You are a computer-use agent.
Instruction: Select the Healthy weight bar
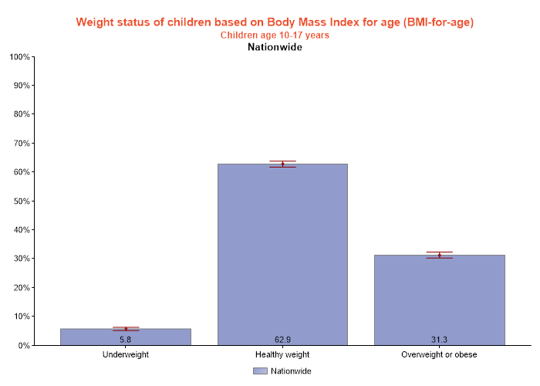tap(282, 255)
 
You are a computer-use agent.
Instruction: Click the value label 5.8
tap(126, 340)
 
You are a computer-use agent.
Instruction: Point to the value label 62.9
tap(282, 340)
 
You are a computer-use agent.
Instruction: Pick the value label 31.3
tap(439, 340)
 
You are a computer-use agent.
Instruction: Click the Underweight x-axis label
tap(126, 355)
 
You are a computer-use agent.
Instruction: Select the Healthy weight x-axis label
tap(282, 355)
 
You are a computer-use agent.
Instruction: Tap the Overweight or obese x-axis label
tap(439, 355)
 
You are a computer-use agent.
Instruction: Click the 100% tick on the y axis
tap(20, 57)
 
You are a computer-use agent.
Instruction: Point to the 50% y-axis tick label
tap(20, 201)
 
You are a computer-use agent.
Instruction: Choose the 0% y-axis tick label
tap(23, 346)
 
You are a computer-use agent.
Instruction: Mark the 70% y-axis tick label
tap(20, 144)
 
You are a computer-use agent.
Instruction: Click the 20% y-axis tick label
tap(20, 288)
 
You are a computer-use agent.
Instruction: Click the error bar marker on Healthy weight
tap(282, 164)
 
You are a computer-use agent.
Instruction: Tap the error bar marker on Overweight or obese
tap(439, 255)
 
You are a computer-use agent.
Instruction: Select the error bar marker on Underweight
tap(126, 329)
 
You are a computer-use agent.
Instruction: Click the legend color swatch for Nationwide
tap(260, 371)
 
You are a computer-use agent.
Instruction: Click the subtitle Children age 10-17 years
tap(275, 35)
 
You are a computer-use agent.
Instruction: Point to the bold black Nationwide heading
tap(275, 47)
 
